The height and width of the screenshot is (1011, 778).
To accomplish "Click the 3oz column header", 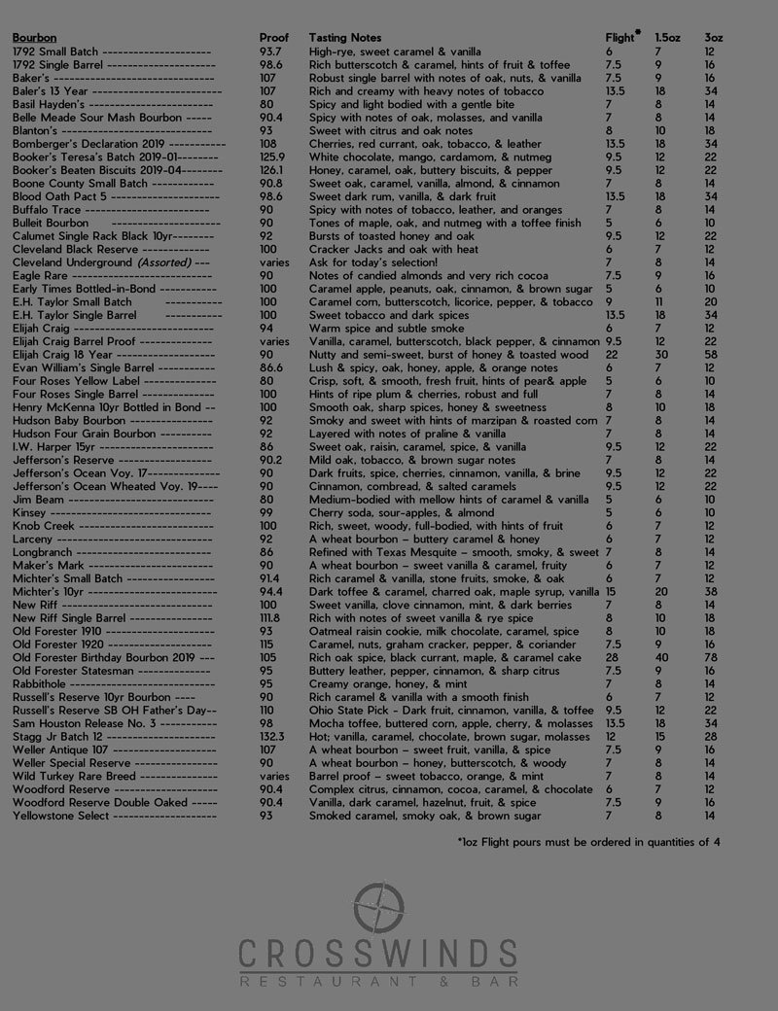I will tap(713, 37).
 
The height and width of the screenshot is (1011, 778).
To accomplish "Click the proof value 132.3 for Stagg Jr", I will tap(274, 738).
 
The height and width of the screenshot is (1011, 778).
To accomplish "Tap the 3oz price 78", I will tap(713, 657).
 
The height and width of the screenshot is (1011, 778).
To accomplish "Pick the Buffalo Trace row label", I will tap(46, 209).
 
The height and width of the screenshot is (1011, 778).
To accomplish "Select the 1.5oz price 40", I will tap(661, 657).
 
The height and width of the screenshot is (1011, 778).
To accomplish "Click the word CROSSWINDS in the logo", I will tap(378, 953).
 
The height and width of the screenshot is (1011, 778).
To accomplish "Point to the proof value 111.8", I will tap(272, 617).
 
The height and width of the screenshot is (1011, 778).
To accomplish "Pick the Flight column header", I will tap(621, 37).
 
